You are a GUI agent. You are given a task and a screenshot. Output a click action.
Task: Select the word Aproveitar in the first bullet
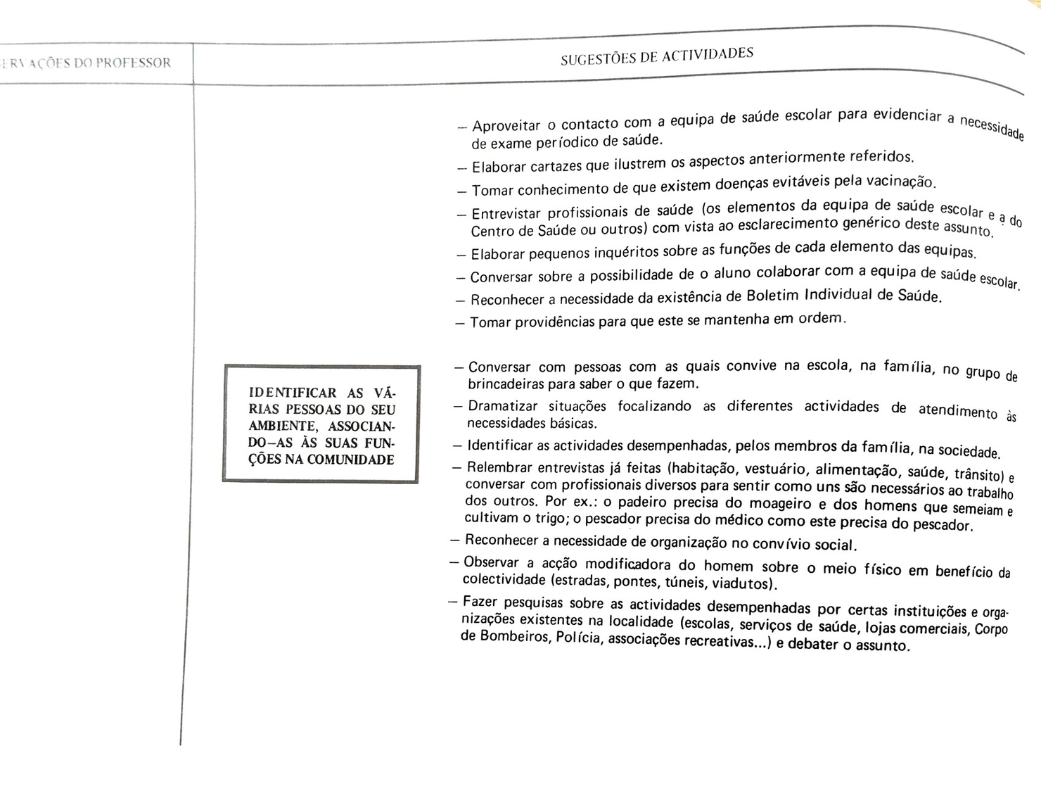pos(506,127)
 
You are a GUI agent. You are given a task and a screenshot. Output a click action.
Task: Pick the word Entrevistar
pos(506,213)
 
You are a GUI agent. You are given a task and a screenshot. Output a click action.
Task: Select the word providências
pos(554,322)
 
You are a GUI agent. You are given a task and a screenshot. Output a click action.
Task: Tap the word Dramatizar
pos(502,406)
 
